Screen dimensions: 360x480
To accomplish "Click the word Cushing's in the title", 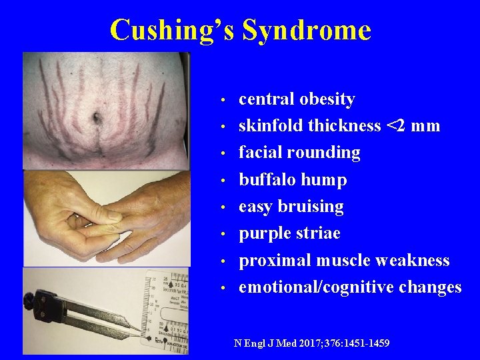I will pos(172,30).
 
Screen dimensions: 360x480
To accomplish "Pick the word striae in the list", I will pos(319,233).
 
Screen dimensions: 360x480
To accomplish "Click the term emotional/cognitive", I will pos(316,287).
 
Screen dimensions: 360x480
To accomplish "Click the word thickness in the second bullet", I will pos(345,125).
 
